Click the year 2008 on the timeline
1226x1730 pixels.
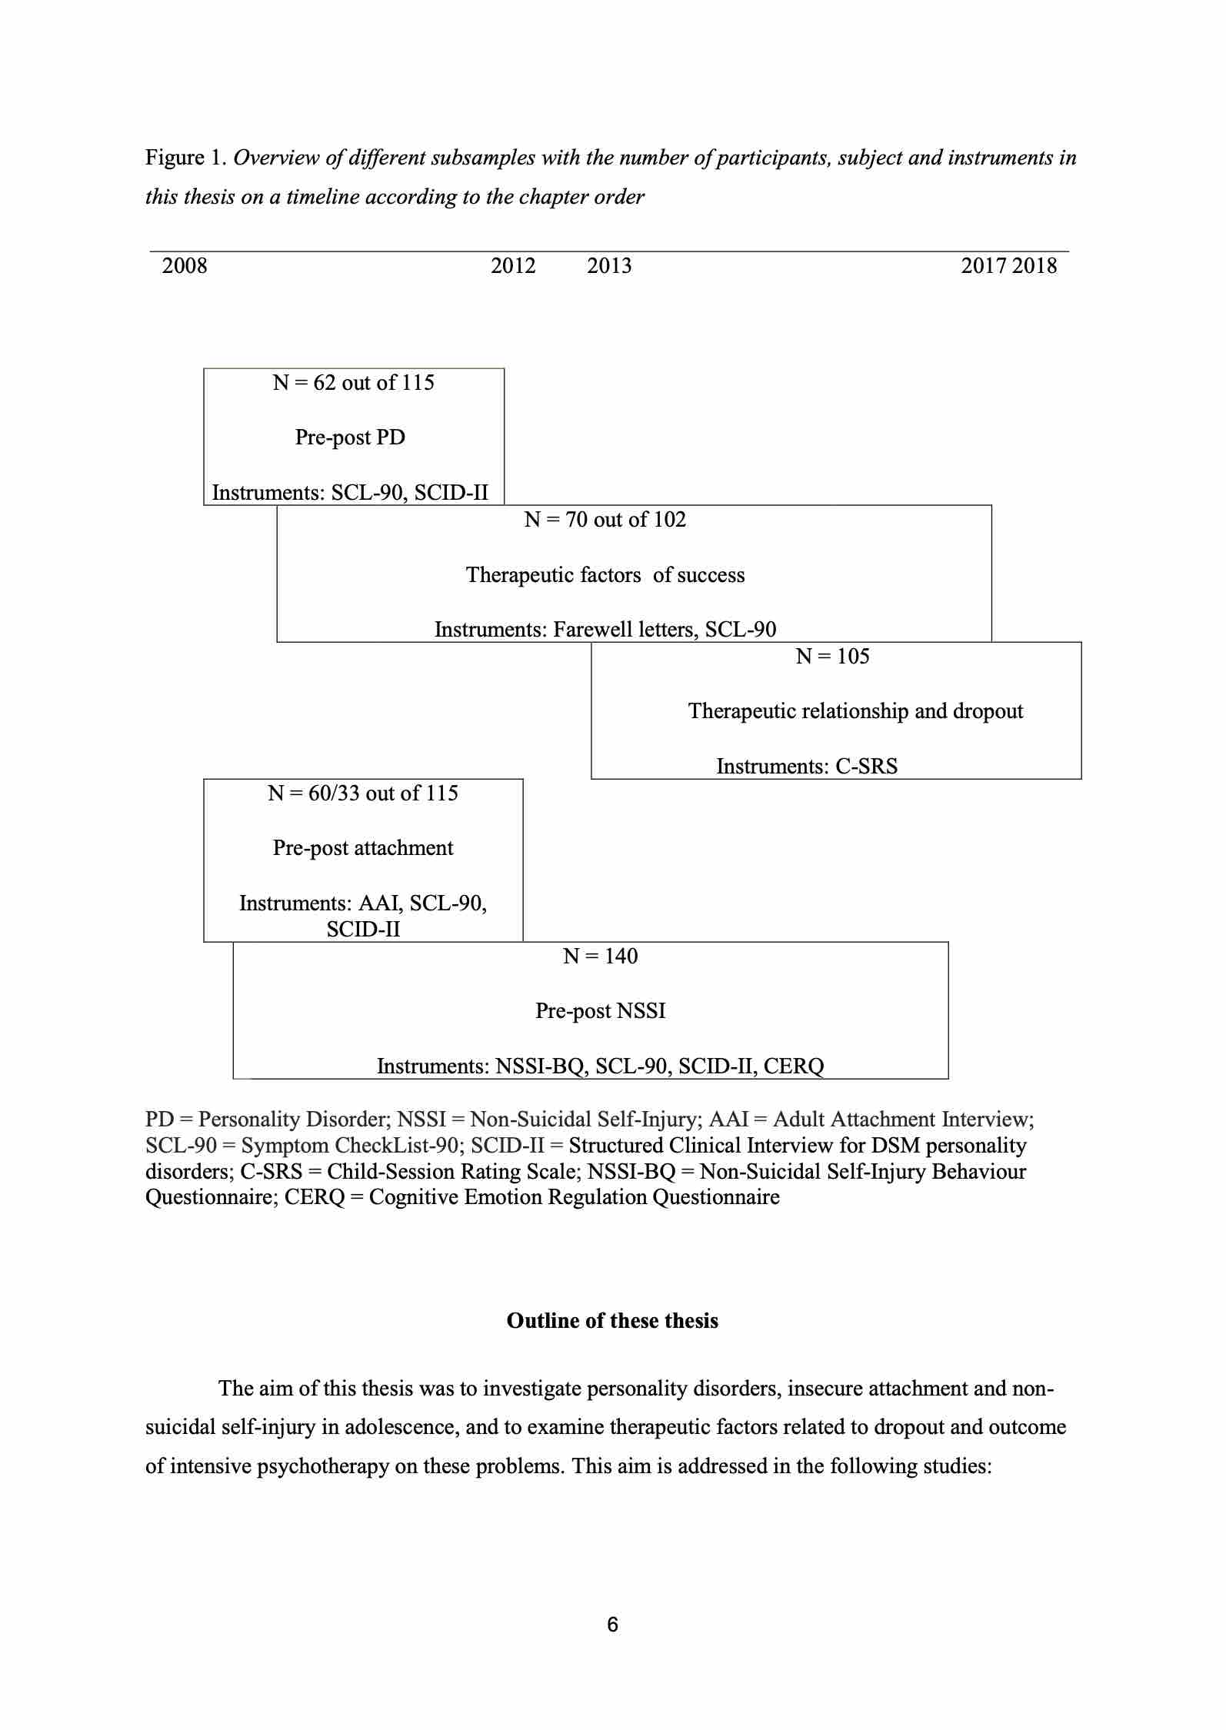point(185,266)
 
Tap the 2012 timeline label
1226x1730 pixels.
point(513,266)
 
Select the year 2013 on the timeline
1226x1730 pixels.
point(609,266)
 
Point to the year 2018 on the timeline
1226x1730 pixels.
point(1034,266)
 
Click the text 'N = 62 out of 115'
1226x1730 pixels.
point(353,383)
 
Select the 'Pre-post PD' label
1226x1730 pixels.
point(350,437)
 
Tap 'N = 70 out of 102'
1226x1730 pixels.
point(605,520)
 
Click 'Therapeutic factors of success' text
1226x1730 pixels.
point(605,575)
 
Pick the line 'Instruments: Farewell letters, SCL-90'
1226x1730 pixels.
point(605,630)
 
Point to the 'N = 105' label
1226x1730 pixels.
point(832,657)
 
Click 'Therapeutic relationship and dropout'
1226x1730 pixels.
point(855,711)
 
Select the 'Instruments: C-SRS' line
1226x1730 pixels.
point(807,767)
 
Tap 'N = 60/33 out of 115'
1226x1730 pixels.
point(363,793)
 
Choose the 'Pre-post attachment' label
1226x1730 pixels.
point(363,848)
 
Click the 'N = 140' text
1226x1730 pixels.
point(600,956)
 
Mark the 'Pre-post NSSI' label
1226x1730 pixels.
point(600,1011)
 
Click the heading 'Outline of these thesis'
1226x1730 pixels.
point(612,1321)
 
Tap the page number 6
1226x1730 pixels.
point(612,1625)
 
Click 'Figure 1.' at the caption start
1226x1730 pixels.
point(185,158)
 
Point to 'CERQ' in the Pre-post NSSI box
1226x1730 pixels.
point(794,1066)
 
